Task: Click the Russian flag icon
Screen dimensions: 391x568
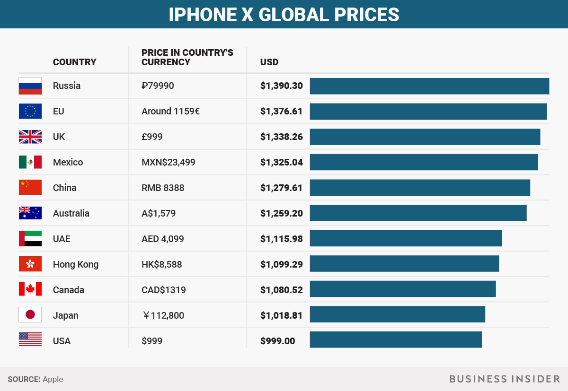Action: pos(30,86)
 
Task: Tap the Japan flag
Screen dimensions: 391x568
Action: pos(30,315)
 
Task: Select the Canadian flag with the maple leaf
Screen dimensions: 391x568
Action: pos(30,289)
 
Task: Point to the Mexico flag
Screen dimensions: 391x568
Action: pos(30,162)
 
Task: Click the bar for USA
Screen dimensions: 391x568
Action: pos(396,340)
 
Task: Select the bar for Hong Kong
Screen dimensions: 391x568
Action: pos(404,264)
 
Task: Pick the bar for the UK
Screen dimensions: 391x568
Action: pos(425,137)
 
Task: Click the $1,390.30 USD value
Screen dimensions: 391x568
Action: pos(281,86)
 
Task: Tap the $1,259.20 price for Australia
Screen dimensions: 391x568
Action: pos(281,213)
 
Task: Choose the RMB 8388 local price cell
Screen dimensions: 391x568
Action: pos(163,188)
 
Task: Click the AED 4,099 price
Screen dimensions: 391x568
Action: pos(163,239)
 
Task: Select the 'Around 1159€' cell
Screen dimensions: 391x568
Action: pos(170,112)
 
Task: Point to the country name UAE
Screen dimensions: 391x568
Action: pos(62,239)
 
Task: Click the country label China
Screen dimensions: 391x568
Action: pos(64,188)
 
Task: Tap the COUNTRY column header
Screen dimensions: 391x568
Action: pos(74,62)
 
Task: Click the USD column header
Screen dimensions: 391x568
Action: pos(269,62)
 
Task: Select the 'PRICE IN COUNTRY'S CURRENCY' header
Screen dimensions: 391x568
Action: pos(187,57)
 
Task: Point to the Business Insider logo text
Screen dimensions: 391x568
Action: pos(505,379)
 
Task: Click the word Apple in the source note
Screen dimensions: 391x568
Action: pos(53,379)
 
